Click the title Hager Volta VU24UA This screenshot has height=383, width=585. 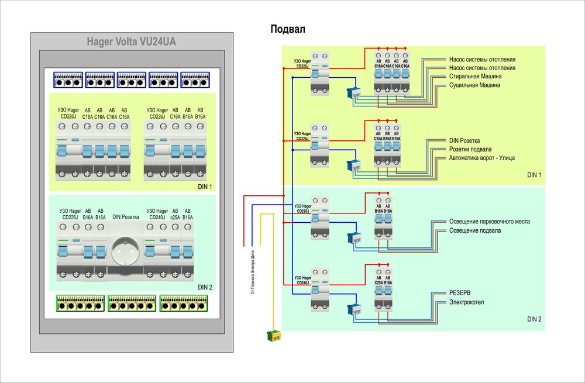(x=131, y=42)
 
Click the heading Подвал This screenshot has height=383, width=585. (x=288, y=29)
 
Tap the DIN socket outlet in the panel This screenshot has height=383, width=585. (x=125, y=252)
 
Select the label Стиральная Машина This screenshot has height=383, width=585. (x=475, y=77)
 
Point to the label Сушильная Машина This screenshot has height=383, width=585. (x=474, y=85)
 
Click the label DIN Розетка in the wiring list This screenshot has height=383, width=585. (x=464, y=141)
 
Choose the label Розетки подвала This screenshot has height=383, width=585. (x=470, y=149)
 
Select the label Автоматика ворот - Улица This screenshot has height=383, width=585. (x=482, y=158)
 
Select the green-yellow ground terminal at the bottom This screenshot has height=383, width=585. (x=273, y=336)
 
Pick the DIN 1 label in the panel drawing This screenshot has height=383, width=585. (x=205, y=187)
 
